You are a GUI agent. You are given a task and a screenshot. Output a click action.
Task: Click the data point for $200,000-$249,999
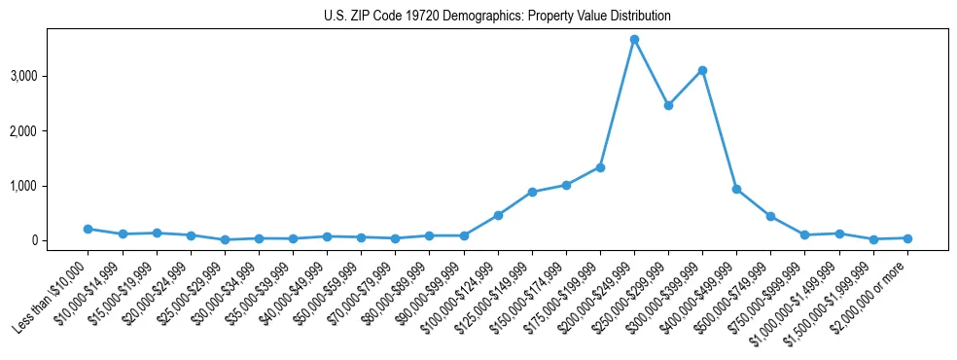(634, 39)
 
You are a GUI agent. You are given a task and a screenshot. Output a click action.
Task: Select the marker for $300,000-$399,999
(702, 70)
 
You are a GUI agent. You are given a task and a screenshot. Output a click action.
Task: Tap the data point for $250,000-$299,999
(668, 105)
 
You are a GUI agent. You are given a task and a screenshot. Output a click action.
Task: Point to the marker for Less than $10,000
(89, 229)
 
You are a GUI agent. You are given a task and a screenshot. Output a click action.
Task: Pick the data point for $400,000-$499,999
(736, 189)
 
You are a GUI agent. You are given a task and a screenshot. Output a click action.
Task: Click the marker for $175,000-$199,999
(600, 167)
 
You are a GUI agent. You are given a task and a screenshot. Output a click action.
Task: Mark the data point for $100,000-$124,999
(498, 215)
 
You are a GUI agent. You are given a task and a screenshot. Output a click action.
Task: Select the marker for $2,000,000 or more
(907, 238)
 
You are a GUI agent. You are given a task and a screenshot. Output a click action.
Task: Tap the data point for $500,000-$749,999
(770, 216)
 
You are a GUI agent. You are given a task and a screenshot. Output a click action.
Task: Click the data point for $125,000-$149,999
(532, 192)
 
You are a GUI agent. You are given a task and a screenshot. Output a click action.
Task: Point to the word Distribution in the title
(638, 17)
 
